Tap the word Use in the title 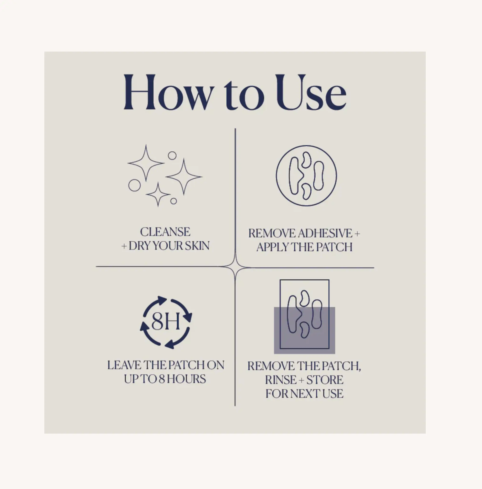click(311, 92)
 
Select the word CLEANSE click(165, 232)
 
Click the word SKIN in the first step click(197, 246)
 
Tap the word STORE click(325, 380)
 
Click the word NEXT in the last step click(305, 394)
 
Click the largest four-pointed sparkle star click(184, 177)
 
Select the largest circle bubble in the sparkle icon click(134, 185)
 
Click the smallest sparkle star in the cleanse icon click(158, 194)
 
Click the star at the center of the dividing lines click(235, 267)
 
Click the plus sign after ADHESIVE click(357, 234)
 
